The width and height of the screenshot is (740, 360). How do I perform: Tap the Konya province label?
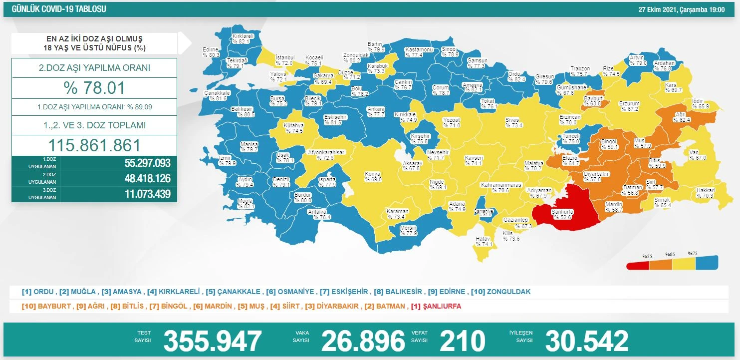(373, 177)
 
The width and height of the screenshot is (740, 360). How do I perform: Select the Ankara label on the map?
(376, 111)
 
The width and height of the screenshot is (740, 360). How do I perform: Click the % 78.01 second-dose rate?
(94, 88)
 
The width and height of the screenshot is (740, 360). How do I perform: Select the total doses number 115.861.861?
(94, 145)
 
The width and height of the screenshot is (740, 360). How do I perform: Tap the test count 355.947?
(213, 341)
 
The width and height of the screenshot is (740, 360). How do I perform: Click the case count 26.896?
(363, 341)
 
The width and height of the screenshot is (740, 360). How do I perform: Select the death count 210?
(462, 341)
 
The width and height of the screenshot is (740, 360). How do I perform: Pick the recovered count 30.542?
(587, 341)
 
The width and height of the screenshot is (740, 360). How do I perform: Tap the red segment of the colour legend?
(638, 264)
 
